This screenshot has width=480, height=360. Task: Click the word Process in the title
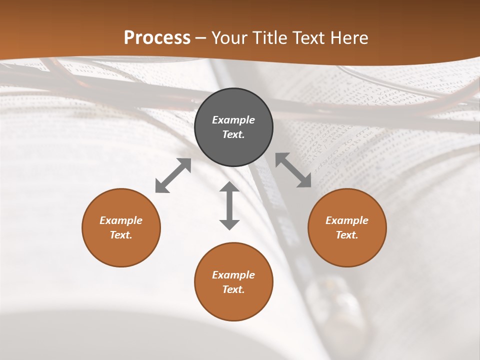click(x=157, y=38)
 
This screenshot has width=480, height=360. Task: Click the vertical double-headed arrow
click(x=229, y=205)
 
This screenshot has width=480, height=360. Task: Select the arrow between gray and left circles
click(x=173, y=175)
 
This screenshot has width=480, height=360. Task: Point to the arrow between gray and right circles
click(x=293, y=170)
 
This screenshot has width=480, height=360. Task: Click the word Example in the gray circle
click(x=233, y=120)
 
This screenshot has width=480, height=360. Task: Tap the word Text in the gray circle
click(x=233, y=134)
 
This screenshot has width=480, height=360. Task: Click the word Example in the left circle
click(x=121, y=220)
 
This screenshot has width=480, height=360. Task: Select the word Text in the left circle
click(x=121, y=235)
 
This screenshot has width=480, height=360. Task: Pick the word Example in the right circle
click(x=347, y=220)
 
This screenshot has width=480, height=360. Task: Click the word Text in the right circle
click(x=347, y=235)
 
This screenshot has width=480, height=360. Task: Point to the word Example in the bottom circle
click(x=233, y=275)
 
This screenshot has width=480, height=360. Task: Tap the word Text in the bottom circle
click(x=233, y=289)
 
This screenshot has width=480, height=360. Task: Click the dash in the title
click(x=201, y=38)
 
